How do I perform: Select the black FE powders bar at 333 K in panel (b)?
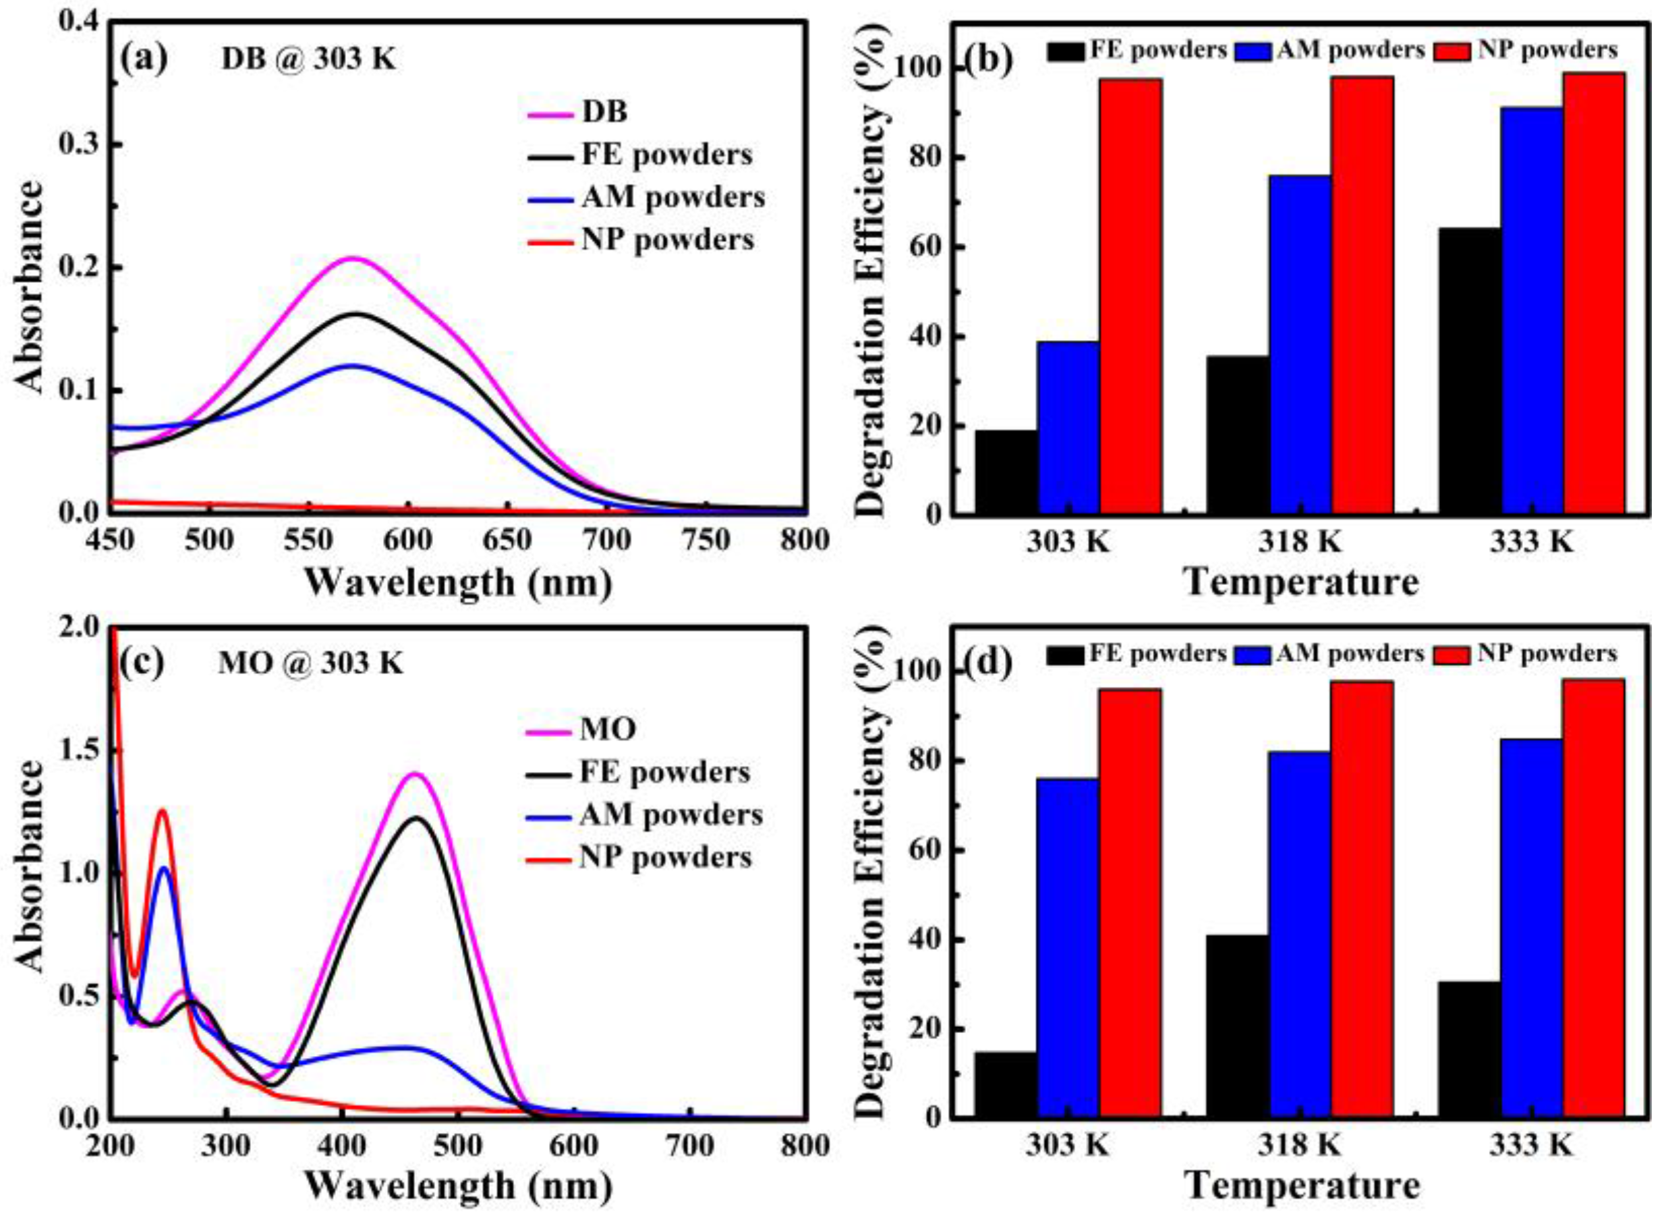pyautogui.click(x=1470, y=370)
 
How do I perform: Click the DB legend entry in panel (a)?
pyautogui.click(x=577, y=113)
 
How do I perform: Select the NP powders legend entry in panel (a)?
pyautogui.click(x=640, y=240)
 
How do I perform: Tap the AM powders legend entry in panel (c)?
pyautogui.click(x=644, y=815)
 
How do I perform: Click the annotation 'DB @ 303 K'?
pyautogui.click(x=308, y=60)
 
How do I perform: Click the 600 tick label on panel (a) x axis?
pyautogui.click(x=409, y=540)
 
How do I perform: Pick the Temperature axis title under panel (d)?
pyautogui.click(x=1302, y=1186)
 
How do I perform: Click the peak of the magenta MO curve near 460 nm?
pyautogui.click(x=416, y=774)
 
